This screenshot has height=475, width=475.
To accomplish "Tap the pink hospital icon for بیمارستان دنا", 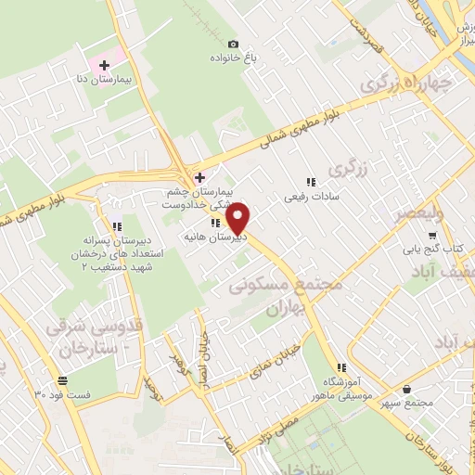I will [x=104, y=66].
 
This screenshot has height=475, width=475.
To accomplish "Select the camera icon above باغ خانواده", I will [x=233, y=44].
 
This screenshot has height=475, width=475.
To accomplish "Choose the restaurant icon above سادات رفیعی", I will [x=312, y=182].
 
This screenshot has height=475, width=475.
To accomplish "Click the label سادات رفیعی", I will [x=313, y=197].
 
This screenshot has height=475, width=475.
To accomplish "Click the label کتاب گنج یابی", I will [x=431, y=250].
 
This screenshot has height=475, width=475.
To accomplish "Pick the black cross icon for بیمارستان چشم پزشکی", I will [x=199, y=176].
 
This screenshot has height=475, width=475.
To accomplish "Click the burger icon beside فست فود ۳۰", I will [x=62, y=381].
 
